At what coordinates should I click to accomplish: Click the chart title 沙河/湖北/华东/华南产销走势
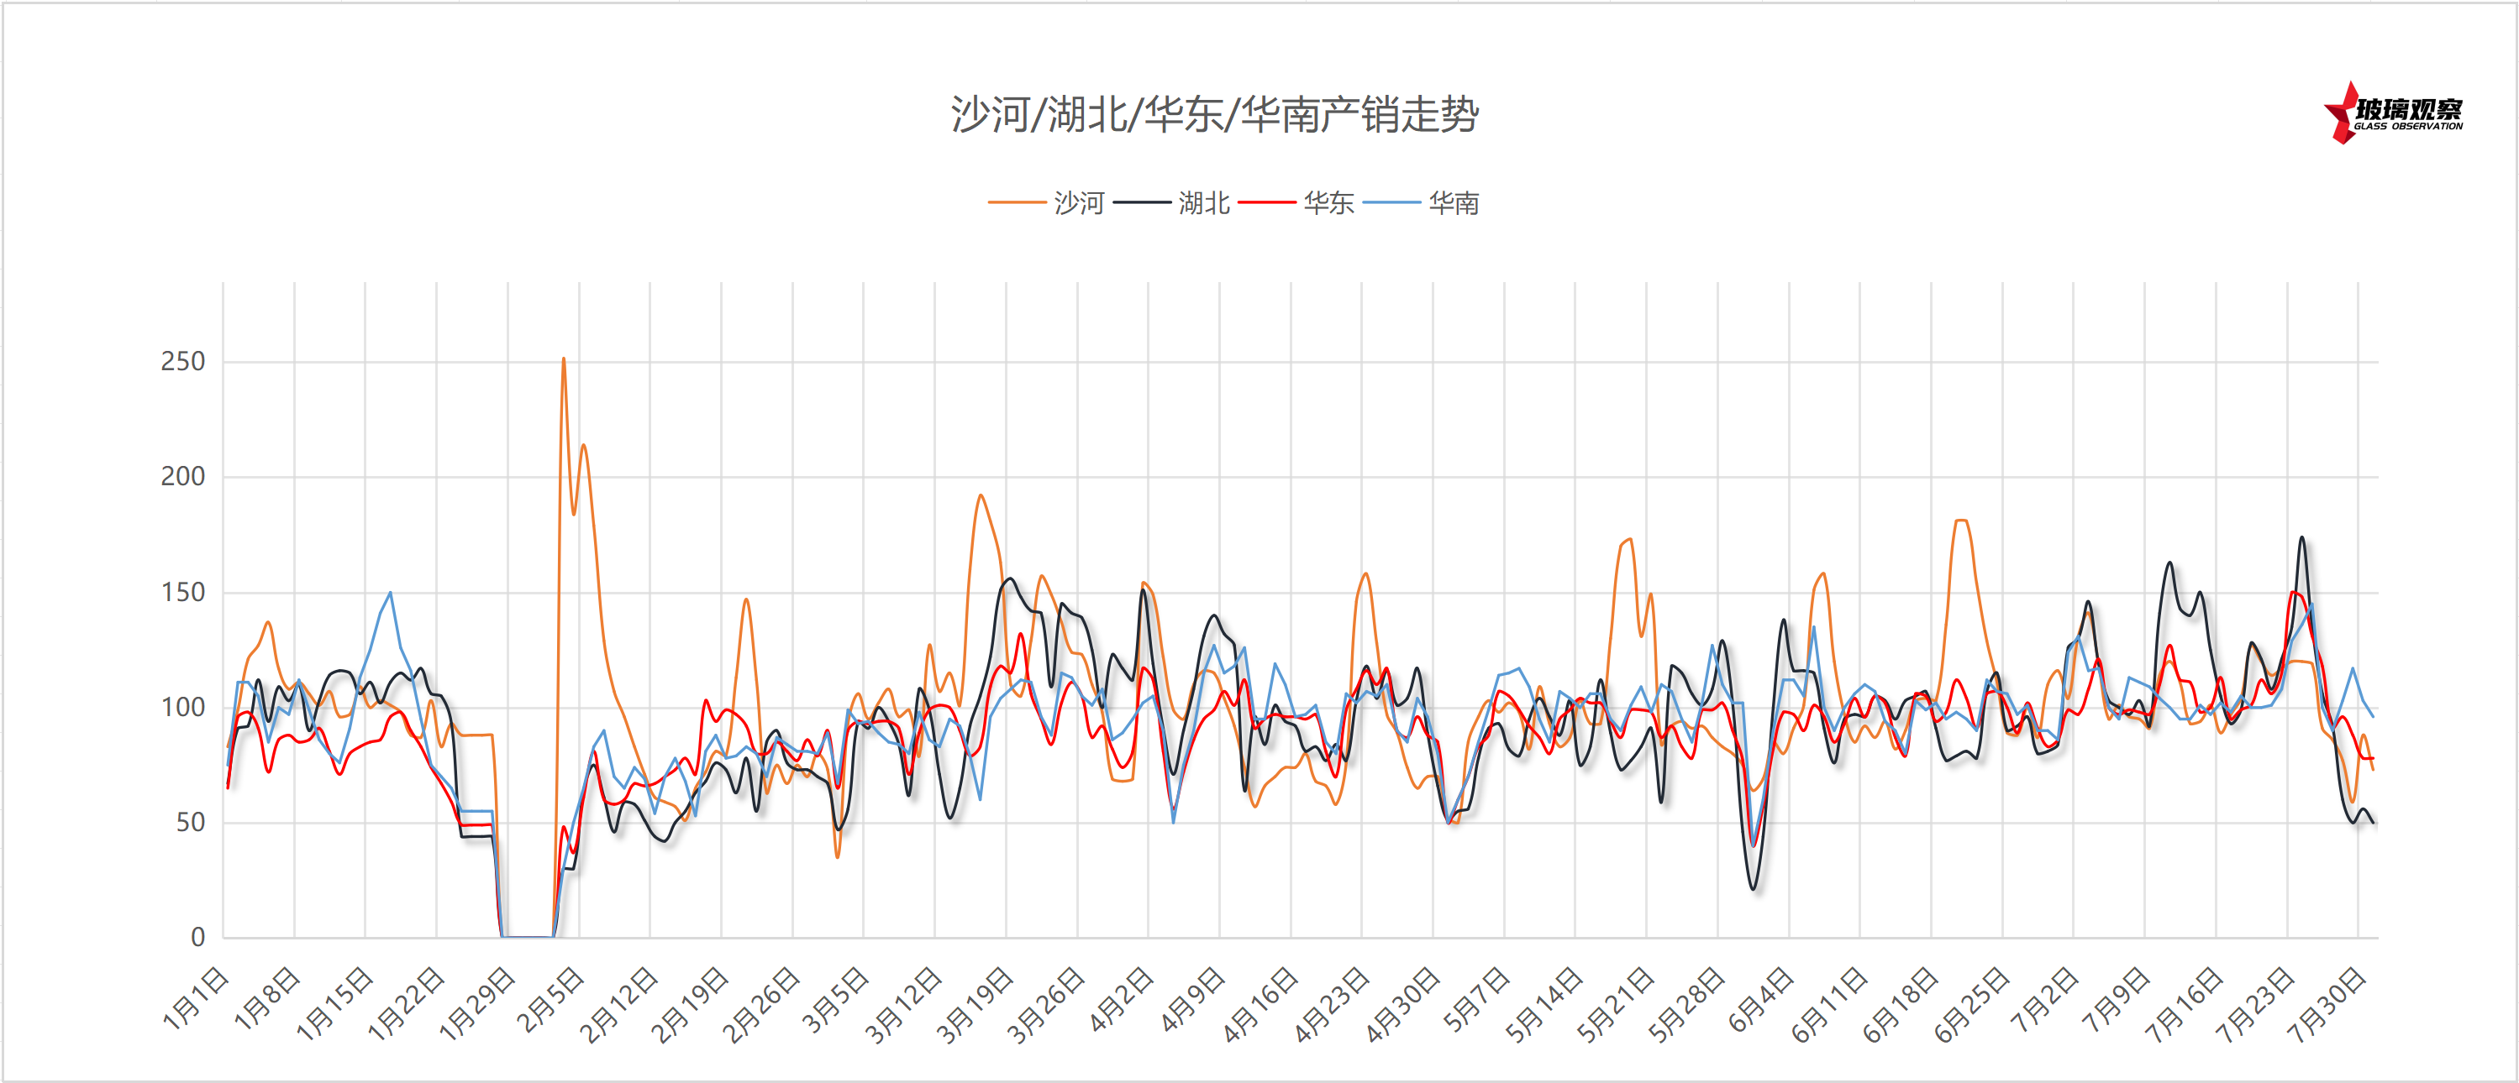pos(1214,115)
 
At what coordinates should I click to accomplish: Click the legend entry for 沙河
pos(1078,202)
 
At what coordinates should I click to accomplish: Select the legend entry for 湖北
pos(1202,202)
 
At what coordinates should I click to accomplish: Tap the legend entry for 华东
pos(1328,202)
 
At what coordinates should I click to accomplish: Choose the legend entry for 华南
pos(1453,202)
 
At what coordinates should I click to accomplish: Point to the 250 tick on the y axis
pos(183,362)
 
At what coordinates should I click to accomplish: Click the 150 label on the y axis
pos(183,593)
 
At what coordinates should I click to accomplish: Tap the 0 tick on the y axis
pos(197,938)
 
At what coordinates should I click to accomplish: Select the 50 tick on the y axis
pos(191,822)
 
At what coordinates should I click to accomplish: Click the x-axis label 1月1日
pos(196,999)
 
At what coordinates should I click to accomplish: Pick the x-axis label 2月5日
pos(550,999)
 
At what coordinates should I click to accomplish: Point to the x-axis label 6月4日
pos(1760,999)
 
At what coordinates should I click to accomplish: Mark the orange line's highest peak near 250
pos(563,358)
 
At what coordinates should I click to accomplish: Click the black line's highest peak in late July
pos(2302,536)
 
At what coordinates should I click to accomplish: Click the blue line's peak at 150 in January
pos(390,593)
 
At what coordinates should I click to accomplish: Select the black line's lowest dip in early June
pos(1754,888)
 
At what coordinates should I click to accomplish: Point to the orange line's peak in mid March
pos(980,495)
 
